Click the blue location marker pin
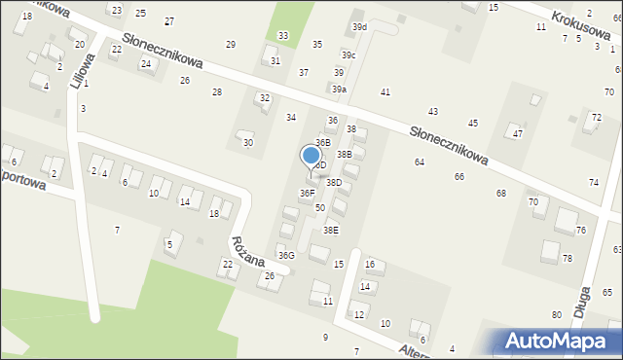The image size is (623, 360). pos(311,156)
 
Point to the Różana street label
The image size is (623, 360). pos(247,250)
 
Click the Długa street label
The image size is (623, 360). pos(586,294)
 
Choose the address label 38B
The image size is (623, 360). pos(344,154)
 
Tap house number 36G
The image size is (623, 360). pos(285,255)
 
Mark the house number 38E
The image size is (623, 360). pos(331,231)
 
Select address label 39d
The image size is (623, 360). pos(359,27)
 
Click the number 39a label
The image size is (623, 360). pos(339,90)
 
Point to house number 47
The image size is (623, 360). pos(518,133)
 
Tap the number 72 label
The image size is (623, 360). pos(596,118)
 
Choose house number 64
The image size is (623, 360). pos(419,162)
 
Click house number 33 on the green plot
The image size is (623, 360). pos(282,36)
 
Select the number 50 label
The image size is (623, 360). pos(319,208)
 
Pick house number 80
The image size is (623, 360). pos(556,315)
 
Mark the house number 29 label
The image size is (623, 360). pos(231,45)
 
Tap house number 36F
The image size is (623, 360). pos(307,194)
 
